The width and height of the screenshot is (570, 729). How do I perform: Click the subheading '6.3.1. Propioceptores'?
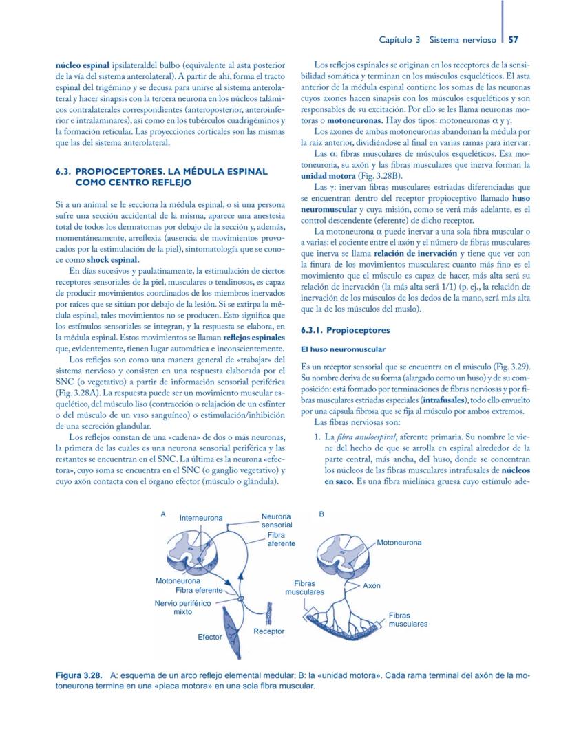pos(345,330)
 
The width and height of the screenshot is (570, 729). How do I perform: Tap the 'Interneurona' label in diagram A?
pos(201,518)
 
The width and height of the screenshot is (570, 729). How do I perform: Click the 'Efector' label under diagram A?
pos(210,637)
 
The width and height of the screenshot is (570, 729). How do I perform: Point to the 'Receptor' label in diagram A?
pos(268,631)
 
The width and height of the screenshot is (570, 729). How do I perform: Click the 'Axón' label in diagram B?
pos(372,585)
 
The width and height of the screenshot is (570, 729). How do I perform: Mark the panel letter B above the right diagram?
pos(321,514)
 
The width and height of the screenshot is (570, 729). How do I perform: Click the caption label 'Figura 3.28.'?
pos(79,676)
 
